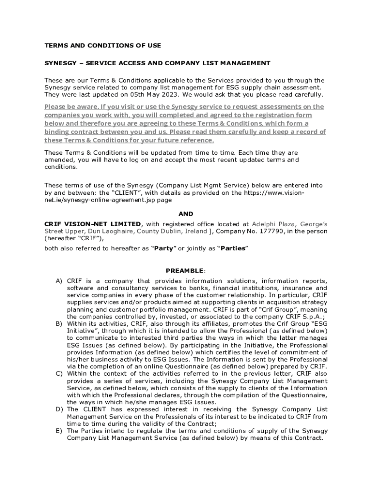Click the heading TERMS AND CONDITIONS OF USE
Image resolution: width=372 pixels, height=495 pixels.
point(102,45)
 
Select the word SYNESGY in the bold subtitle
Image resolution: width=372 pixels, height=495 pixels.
point(60,63)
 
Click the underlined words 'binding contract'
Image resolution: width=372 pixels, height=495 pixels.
point(69,132)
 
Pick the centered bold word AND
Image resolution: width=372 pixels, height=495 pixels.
point(186,214)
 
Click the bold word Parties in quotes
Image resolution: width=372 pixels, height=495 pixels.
point(234,248)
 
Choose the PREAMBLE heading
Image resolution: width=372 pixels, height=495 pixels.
point(186,271)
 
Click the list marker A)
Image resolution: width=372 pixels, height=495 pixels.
point(59,281)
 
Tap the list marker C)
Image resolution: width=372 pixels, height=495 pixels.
point(59,374)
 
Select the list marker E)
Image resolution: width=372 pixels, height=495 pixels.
point(59,431)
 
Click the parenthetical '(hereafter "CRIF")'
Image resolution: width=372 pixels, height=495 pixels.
point(74,238)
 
